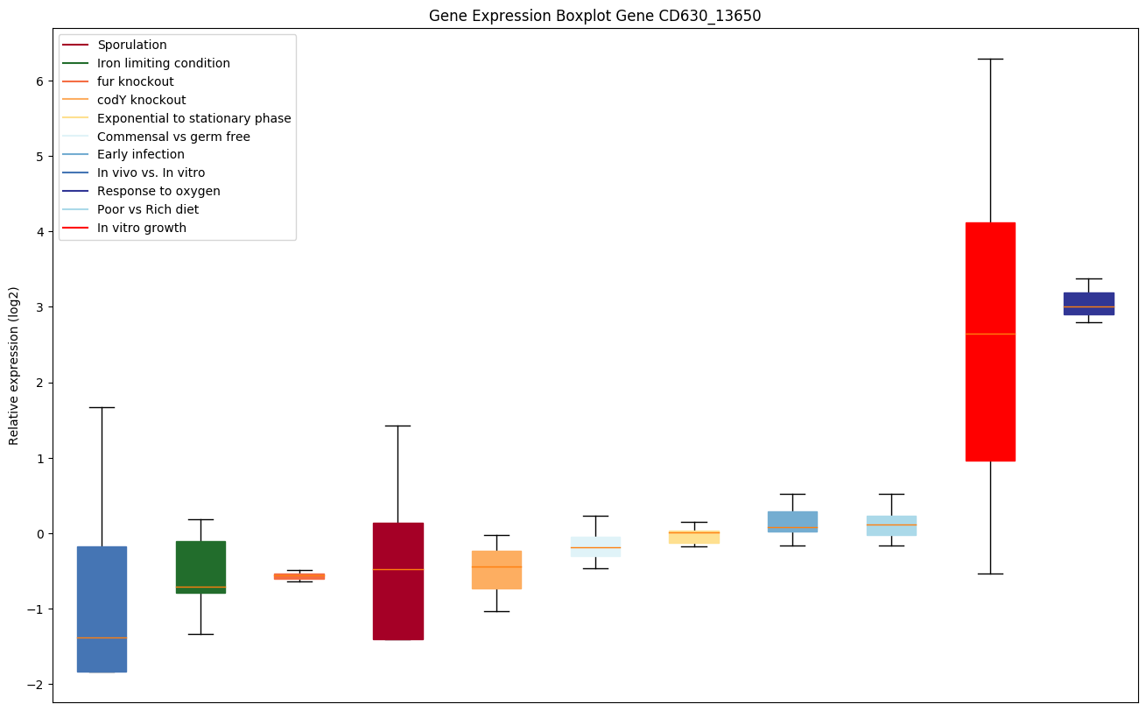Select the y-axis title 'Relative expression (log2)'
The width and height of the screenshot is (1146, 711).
click(14, 365)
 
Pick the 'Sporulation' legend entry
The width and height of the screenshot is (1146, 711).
click(131, 45)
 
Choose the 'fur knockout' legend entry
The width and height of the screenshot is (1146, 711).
click(135, 81)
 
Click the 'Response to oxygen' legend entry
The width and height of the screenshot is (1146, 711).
click(158, 191)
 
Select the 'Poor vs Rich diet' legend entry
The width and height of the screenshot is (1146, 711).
click(147, 209)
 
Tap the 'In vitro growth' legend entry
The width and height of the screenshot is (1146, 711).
click(141, 228)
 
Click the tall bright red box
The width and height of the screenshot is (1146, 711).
click(990, 341)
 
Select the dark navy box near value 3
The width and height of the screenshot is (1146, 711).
click(1088, 303)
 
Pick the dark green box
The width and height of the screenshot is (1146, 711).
click(200, 567)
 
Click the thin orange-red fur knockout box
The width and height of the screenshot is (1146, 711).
click(299, 576)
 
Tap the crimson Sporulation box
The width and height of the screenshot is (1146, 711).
click(397, 581)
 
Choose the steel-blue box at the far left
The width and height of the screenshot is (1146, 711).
click(102, 609)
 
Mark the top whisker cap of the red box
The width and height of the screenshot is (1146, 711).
click(990, 59)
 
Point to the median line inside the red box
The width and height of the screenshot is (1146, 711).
click(990, 334)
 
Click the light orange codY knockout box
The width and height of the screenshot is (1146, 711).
click(496, 569)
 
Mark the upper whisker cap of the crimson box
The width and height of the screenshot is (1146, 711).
click(397, 426)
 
